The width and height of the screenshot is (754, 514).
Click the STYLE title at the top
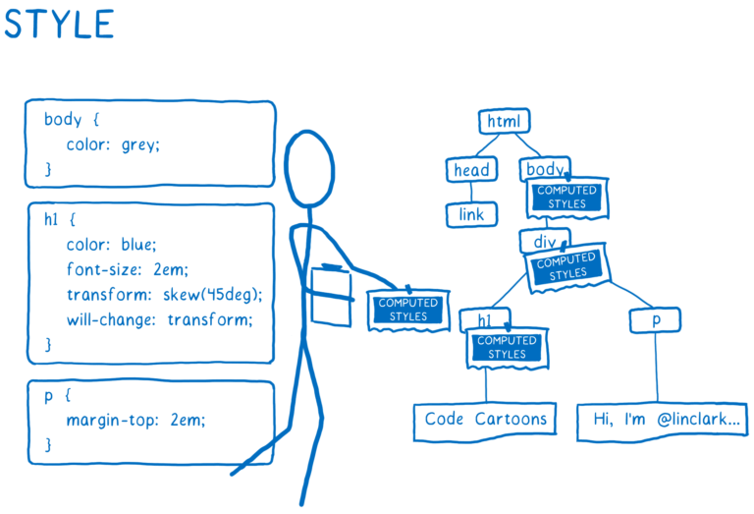point(59,24)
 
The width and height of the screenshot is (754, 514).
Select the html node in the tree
point(505,122)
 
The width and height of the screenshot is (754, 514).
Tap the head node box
point(471,170)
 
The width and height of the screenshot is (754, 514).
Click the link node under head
point(473,213)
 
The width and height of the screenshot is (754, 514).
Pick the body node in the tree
point(543,169)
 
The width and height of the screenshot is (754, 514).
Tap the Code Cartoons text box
point(485,420)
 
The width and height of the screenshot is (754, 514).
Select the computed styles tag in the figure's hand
point(408,310)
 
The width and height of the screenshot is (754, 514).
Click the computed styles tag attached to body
point(568,198)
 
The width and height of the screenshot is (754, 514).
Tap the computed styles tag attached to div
point(567,266)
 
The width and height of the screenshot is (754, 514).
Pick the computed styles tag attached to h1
point(507,347)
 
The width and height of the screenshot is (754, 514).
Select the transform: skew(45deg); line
point(165,295)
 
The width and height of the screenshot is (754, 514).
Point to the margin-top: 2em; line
point(136,421)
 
